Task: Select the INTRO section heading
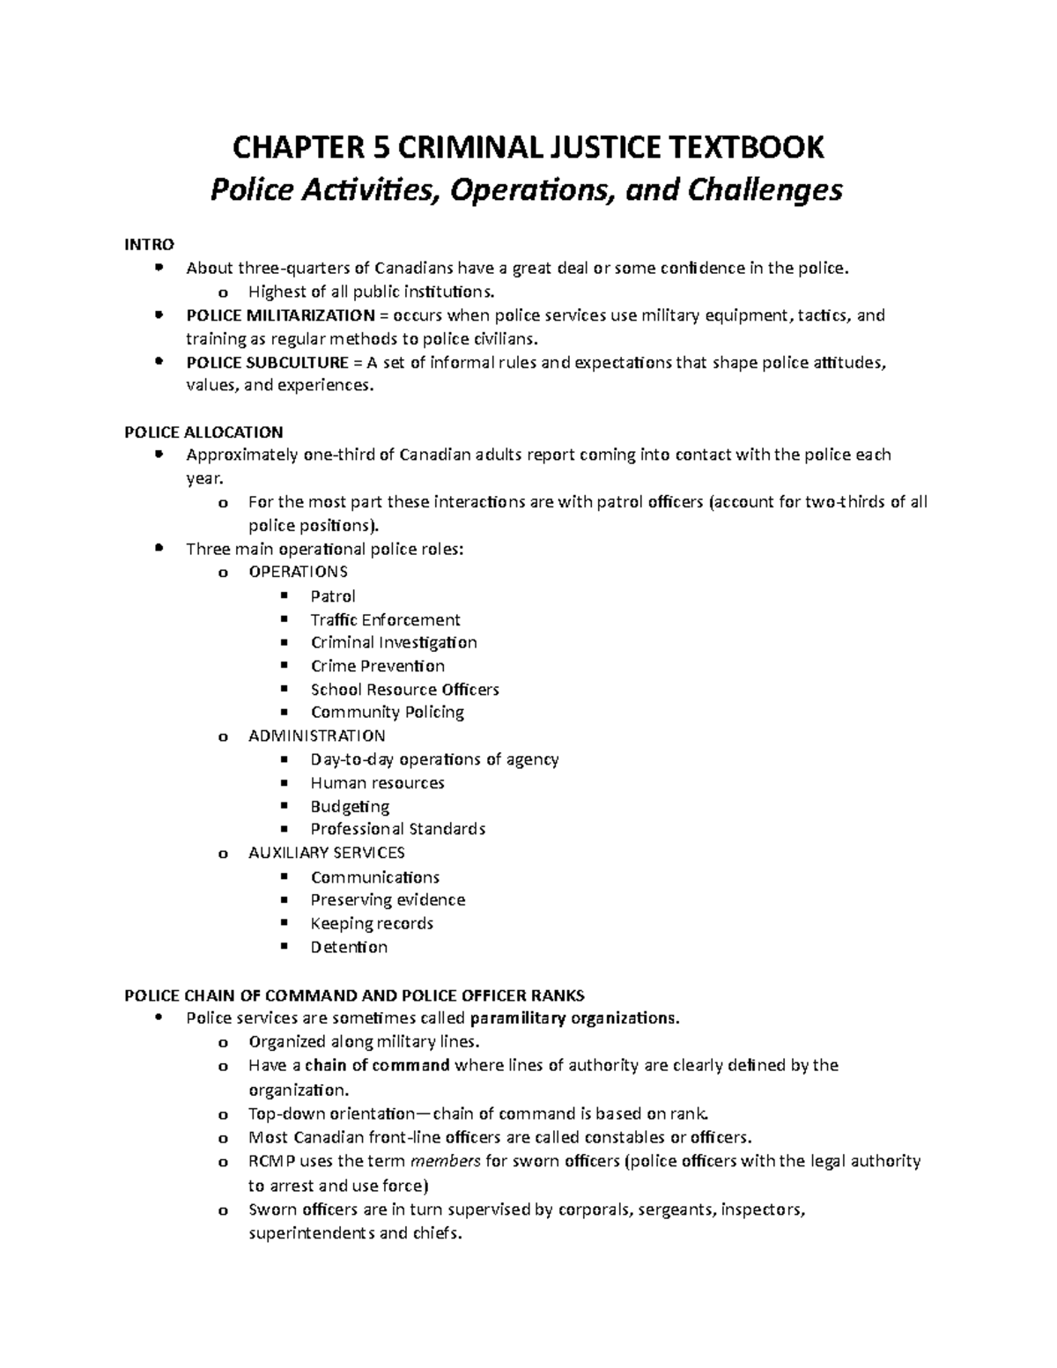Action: click(149, 244)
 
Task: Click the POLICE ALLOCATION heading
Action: click(203, 432)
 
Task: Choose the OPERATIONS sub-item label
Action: click(298, 572)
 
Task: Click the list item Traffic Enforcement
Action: click(385, 620)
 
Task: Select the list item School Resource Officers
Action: click(404, 690)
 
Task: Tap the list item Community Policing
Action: click(387, 713)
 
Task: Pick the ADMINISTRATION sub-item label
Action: click(316, 736)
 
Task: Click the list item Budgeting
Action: click(350, 806)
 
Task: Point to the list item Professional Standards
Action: click(397, 829)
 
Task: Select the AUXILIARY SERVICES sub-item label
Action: click(326, 853)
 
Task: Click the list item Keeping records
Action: click(371, 923)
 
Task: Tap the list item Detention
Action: click(349, 947)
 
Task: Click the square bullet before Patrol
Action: click(284, 595)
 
